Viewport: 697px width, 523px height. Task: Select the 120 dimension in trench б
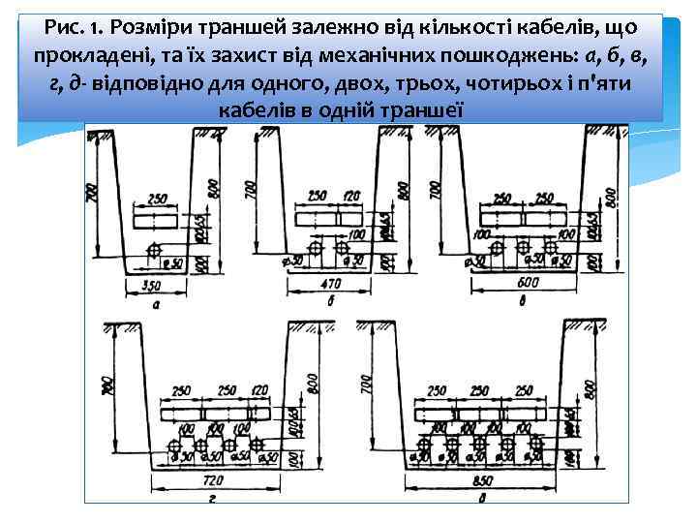pos(350,198)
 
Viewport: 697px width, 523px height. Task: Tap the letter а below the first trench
pos(156,303)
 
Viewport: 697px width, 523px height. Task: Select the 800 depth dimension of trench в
pos(611,199)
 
